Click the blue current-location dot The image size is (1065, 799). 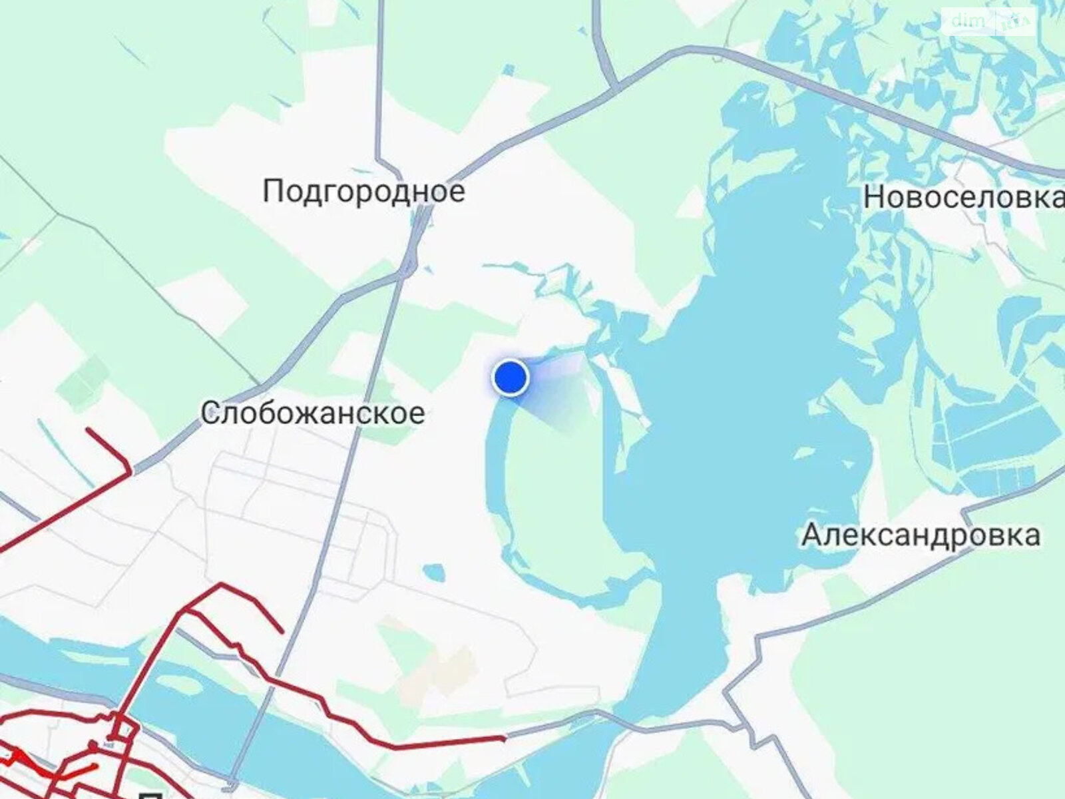click(510, 378)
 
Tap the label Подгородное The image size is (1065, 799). click(364, 192)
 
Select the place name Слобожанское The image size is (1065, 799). click(313, 413)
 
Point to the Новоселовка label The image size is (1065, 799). click(963, 198)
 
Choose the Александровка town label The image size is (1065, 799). click(921, 535)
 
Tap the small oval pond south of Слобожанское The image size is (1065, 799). click(434, 571)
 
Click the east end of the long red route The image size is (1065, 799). click(503, 737)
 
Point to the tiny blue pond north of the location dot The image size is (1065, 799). click(509, 69)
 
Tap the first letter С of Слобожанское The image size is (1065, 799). click(210, 413)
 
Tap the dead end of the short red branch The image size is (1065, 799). click(282, 631)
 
